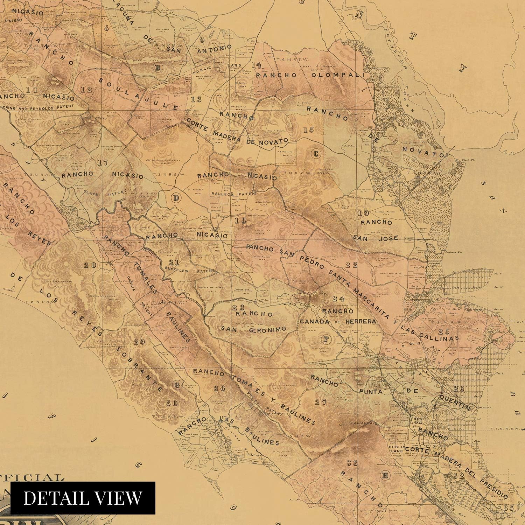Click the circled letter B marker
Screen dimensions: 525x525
157,68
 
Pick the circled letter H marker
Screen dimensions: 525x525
385,475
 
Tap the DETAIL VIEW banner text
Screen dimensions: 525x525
83,498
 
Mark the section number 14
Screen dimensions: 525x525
256,65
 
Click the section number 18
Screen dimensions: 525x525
241,220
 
